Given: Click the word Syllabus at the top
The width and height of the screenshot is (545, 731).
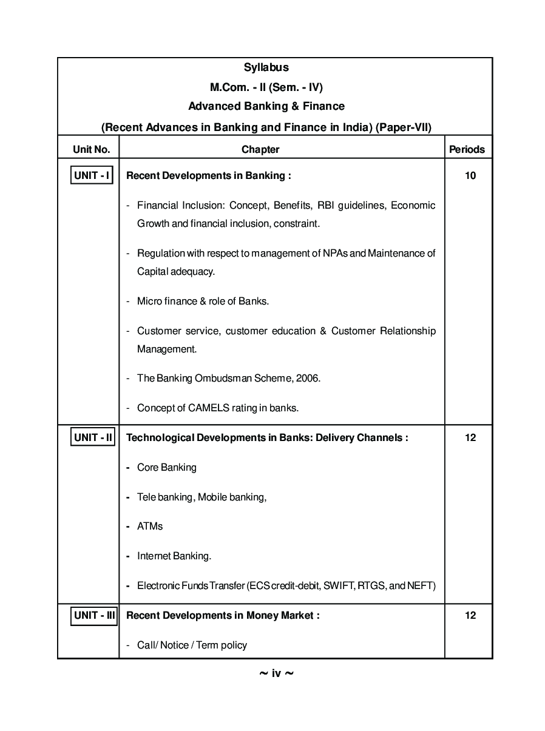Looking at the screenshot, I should click(x=266, y=67).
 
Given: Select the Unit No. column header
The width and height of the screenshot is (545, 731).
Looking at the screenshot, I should click(x=91, y=149).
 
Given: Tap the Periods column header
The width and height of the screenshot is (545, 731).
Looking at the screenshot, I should click(x=467, y=149).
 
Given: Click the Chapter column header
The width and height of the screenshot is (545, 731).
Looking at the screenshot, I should click(x=260, y=149).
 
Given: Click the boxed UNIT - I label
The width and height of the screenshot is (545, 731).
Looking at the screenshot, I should click(x=92, y=175).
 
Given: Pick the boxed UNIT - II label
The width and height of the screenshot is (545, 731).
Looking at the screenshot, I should click(x=93, y=437).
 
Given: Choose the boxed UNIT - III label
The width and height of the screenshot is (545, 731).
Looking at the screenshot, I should click(x=94, y=615).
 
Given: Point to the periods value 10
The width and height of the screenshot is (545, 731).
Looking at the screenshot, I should click(x=470, y=176).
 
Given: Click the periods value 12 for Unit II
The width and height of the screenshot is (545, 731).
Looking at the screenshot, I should click(x=470, y=438).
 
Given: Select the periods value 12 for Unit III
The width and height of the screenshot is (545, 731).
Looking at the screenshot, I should click(x=470, y=616).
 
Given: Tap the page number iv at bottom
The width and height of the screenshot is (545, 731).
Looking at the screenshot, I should click(x=276, y=673).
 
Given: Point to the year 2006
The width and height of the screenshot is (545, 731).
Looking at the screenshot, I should click(x=306, y=379).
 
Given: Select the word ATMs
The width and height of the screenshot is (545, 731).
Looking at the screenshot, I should click(x=150, y=527).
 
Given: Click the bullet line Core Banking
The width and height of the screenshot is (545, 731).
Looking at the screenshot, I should click(x=166, y=468).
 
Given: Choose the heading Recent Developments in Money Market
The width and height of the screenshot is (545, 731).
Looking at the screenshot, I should click(x=222, y=616).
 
